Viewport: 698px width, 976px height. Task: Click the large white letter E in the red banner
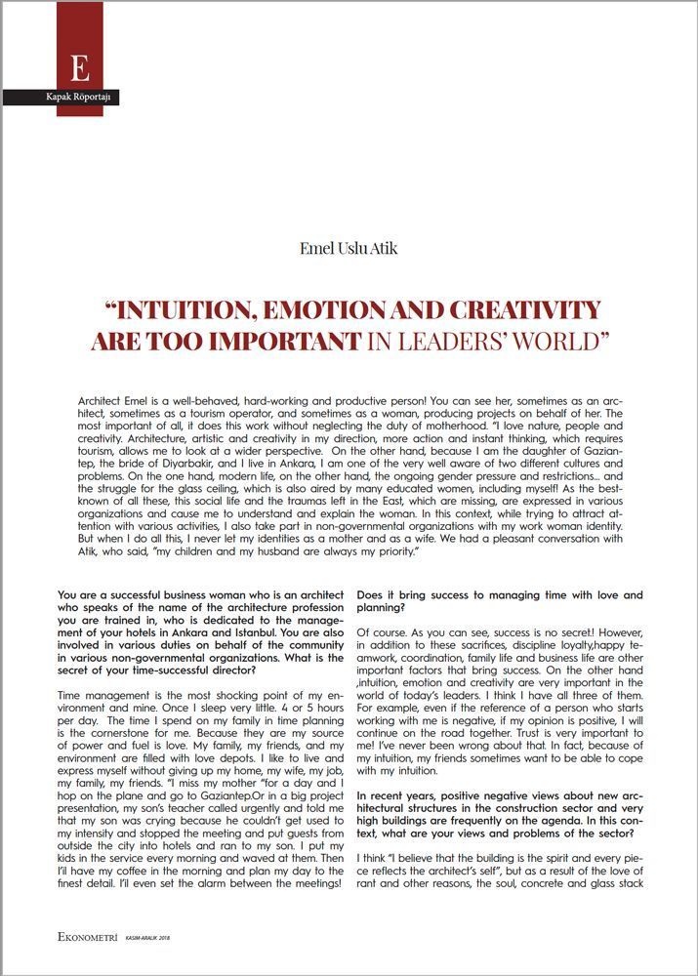pyautogui.click(x=80, y=68)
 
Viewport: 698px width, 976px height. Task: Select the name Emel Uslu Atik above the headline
pyautogui.click(x=349, y=248)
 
